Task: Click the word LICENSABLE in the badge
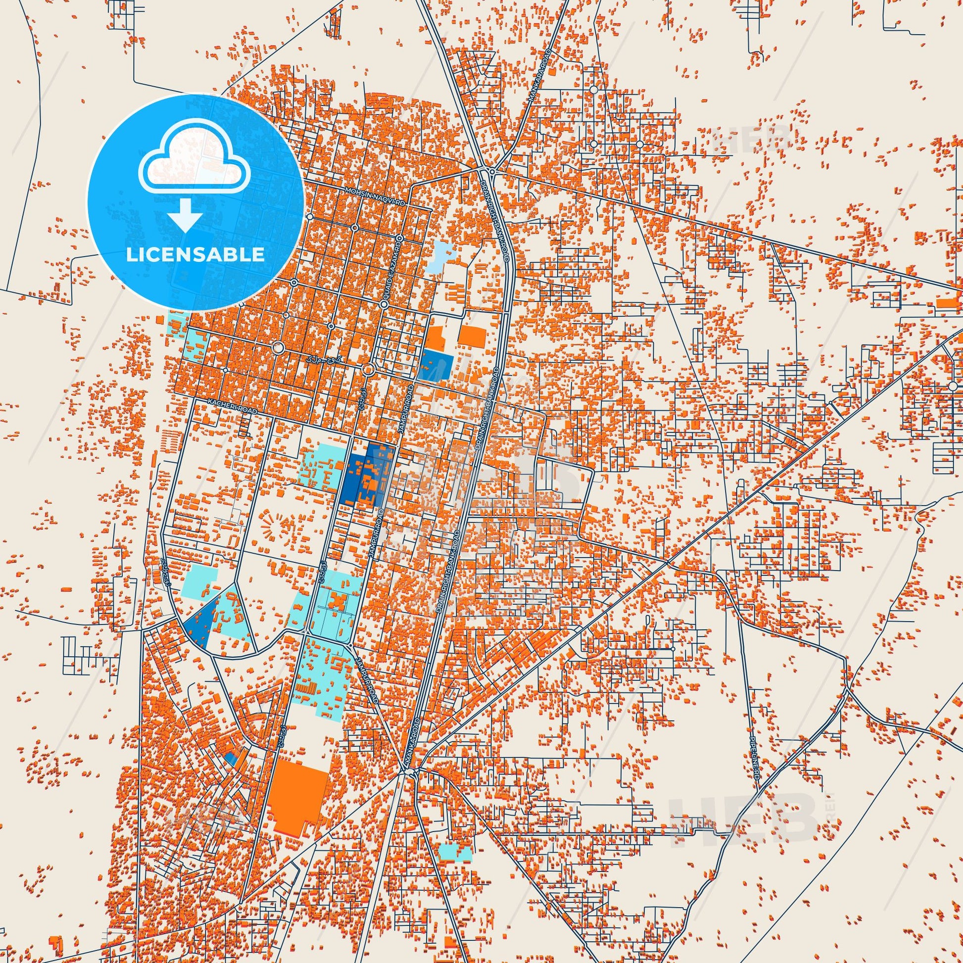tap(196, 255)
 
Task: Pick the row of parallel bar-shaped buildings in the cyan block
tap(306, 688)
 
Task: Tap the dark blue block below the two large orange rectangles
tap(436, 365)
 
